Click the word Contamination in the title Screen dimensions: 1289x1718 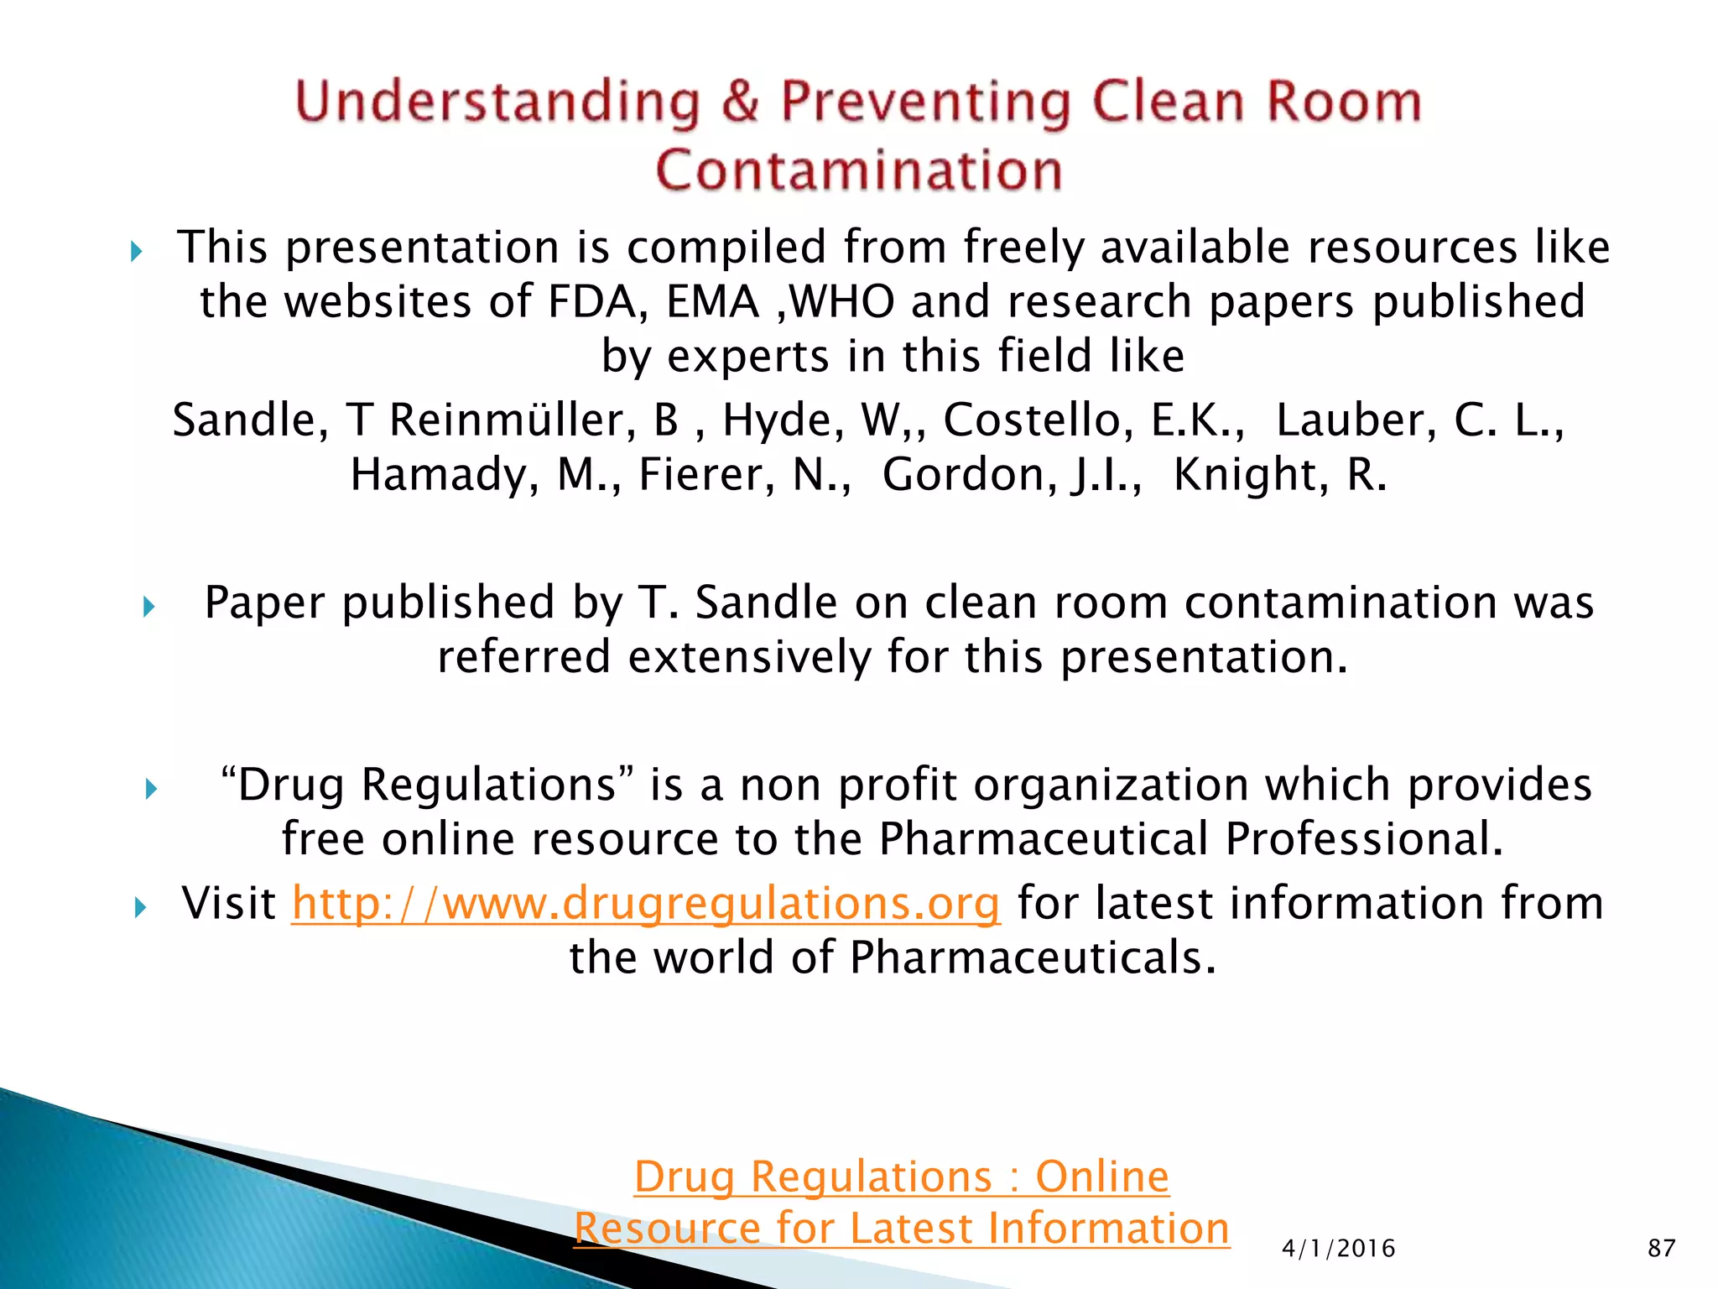point(858,170)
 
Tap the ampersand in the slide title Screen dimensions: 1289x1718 point(740,102)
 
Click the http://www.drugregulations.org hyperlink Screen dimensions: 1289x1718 point(646,904)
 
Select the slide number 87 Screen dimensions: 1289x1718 point(1661,1248)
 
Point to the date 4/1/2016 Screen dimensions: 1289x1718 point(1338,1249)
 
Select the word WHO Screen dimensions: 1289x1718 point(842,302)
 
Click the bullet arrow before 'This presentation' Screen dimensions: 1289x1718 point(138,251)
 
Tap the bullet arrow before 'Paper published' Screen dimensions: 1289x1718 point(149,606)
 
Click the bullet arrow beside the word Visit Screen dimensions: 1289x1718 point(140,906)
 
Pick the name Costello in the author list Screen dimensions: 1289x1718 point(1039,420)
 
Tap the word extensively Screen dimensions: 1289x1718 point(750,657)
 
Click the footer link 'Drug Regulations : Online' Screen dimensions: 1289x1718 point(901,1176)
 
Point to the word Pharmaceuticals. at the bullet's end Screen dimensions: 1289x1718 point(1033,958)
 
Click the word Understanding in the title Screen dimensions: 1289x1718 point(498,102)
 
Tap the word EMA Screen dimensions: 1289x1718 point(713,302)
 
